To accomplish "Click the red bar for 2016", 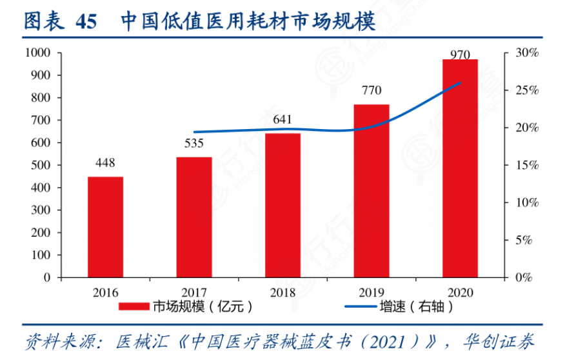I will tap(105, 226).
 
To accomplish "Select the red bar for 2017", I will tap(194, 217).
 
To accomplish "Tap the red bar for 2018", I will tap(282, 205).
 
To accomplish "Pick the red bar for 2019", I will tap(372, 190).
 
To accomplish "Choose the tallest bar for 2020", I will tap(460, 168).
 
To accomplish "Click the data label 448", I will tap(105, 164).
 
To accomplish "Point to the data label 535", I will tap(194, 144).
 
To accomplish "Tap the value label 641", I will tap(282, 120).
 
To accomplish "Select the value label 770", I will tap(372, 91).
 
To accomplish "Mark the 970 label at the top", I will tap(460, 55).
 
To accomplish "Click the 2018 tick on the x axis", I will tap(282, 292).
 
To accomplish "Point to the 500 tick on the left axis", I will tap(42, 165).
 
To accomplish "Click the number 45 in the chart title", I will tap(86, 21).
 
